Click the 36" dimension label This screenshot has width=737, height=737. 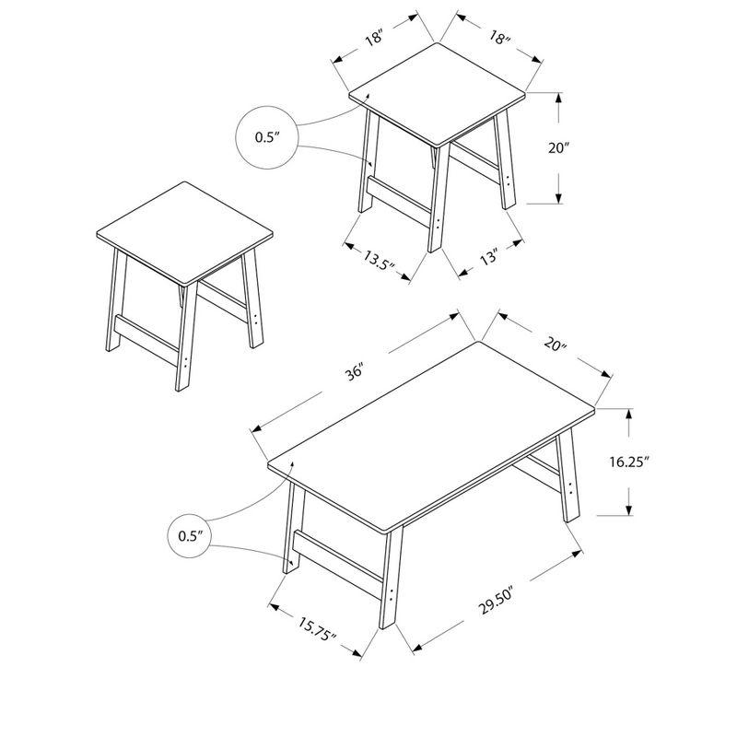pos(357,372)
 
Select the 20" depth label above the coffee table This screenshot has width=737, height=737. pos(554,345)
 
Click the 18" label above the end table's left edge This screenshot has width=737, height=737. pos(373,39)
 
